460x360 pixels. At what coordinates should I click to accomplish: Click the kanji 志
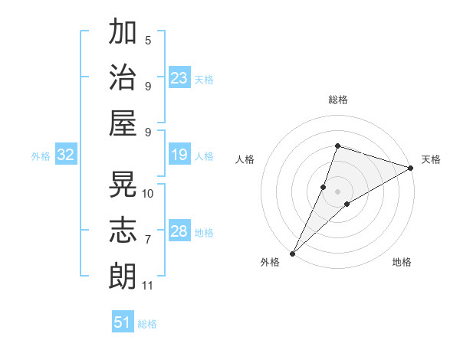click(x=123, y=231)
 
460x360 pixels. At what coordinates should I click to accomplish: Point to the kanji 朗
click(x=123, y=276)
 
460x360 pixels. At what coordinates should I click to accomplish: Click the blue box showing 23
click(x=179, y=78)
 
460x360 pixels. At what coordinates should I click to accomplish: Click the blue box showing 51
click(x=123, y=322)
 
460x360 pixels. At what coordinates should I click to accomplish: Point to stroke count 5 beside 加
click(x=148, y=40)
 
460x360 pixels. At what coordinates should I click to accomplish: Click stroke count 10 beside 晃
click(x=149, y=193)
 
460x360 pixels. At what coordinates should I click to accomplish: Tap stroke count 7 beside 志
click(x=148, y=240)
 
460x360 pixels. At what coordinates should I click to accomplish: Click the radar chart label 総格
click(x=337, y=100)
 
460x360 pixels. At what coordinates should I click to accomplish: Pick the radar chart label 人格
click(x=245, y=159)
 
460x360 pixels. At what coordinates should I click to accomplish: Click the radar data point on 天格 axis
click(x=411, y=168)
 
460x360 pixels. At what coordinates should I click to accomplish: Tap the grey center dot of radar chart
click(x=337, y=191)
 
